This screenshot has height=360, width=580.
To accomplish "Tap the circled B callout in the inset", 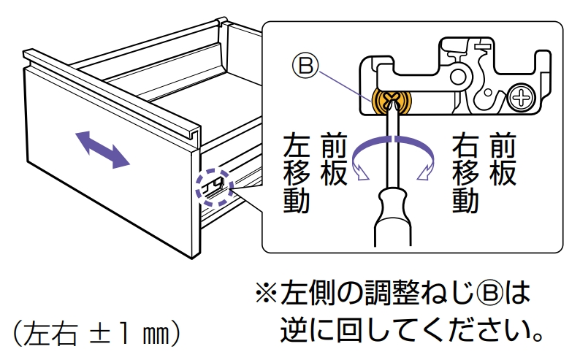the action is coord(305,66).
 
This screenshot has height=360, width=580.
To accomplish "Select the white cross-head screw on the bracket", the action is coord(522,98).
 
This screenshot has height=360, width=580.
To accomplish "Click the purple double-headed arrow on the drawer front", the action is coord(102,150).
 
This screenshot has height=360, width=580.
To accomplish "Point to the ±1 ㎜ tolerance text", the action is coord(128,334).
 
